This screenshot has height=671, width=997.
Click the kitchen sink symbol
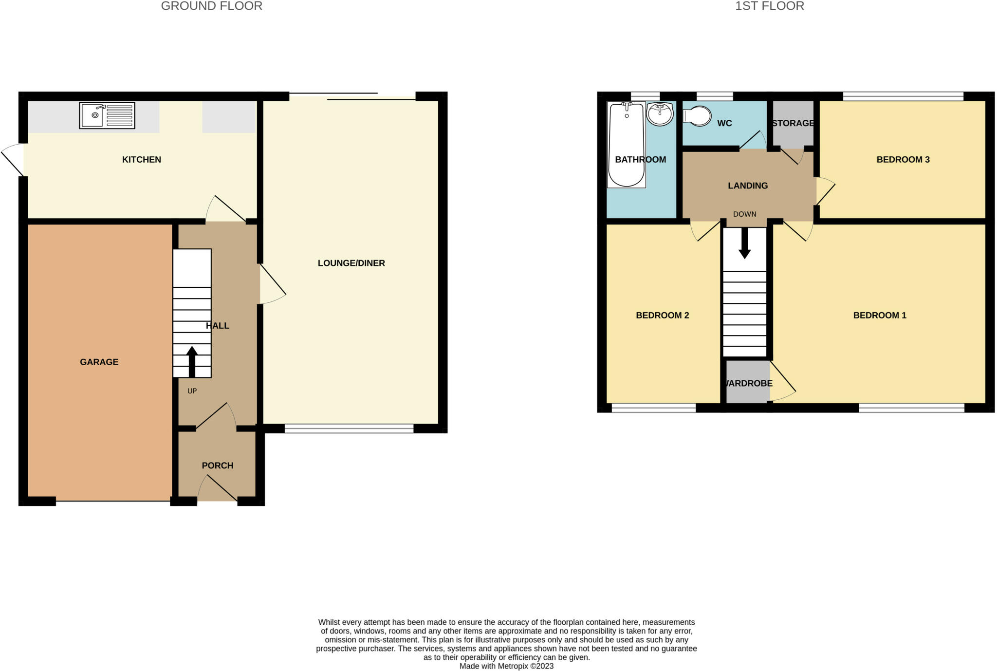[x=107, y=115]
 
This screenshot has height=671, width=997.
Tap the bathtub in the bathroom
[x=626, y=144]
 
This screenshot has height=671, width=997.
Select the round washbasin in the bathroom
[x=660, y=114]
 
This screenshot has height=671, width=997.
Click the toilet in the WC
[x=697, y=116]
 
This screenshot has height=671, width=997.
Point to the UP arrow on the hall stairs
[x=192, y=361]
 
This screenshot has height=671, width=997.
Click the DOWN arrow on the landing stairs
[x=744, y=243]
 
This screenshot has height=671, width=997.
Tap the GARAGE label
[x=99, y=362]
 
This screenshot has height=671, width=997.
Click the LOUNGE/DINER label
[x=351, y=263]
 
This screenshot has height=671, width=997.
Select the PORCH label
[x=218, y=466]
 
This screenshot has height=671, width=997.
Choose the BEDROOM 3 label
[x=903, y=159]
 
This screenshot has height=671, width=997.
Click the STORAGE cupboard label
[x=793, y=123]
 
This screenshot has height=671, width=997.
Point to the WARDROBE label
[x=748, y=383]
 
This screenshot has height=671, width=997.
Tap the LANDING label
[x=748, y=186]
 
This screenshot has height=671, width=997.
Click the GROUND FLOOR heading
[x=211, y=6]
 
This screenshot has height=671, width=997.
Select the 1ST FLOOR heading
[x=769, y=6]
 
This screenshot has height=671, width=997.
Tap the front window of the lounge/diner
[x=349, y=429]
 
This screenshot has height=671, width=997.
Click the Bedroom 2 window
[x=653, y=408]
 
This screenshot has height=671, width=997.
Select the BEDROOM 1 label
[x=879, y=315]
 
